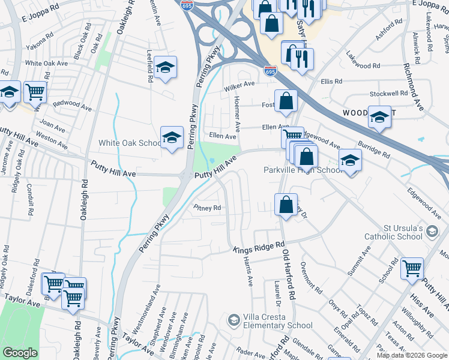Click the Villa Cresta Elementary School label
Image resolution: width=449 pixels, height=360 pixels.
pyautogui.click(x=277, y=321)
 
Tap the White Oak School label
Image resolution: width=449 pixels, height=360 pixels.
pyautogui.click(x=130, y=143)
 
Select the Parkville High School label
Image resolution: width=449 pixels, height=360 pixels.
pyautogui.click(x=304, y=170)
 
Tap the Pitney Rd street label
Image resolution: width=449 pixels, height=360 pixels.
pyautogui.click(x=208, y=208)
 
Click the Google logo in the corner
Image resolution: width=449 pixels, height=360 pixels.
pyautogui.click(x=20, y=353)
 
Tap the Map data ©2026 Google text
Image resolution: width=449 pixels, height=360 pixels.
pyautogui.click(x=412, y=356)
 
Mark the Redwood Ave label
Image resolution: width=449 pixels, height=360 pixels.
pyautogui.click(x=71, y=104)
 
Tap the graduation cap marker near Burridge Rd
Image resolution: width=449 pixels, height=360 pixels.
pyautogui.click(x=350, y=160)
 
